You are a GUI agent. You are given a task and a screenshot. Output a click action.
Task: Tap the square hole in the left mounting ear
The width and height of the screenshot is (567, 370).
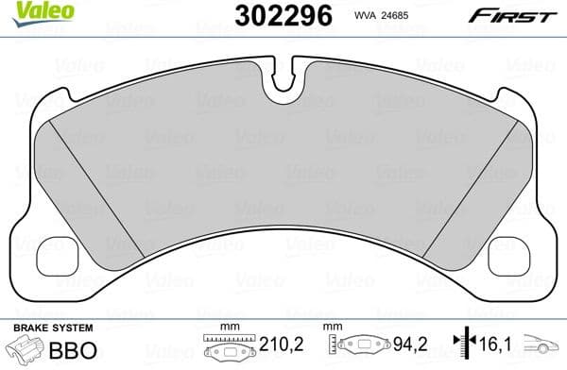pyautogui.click(x=52, y=253)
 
